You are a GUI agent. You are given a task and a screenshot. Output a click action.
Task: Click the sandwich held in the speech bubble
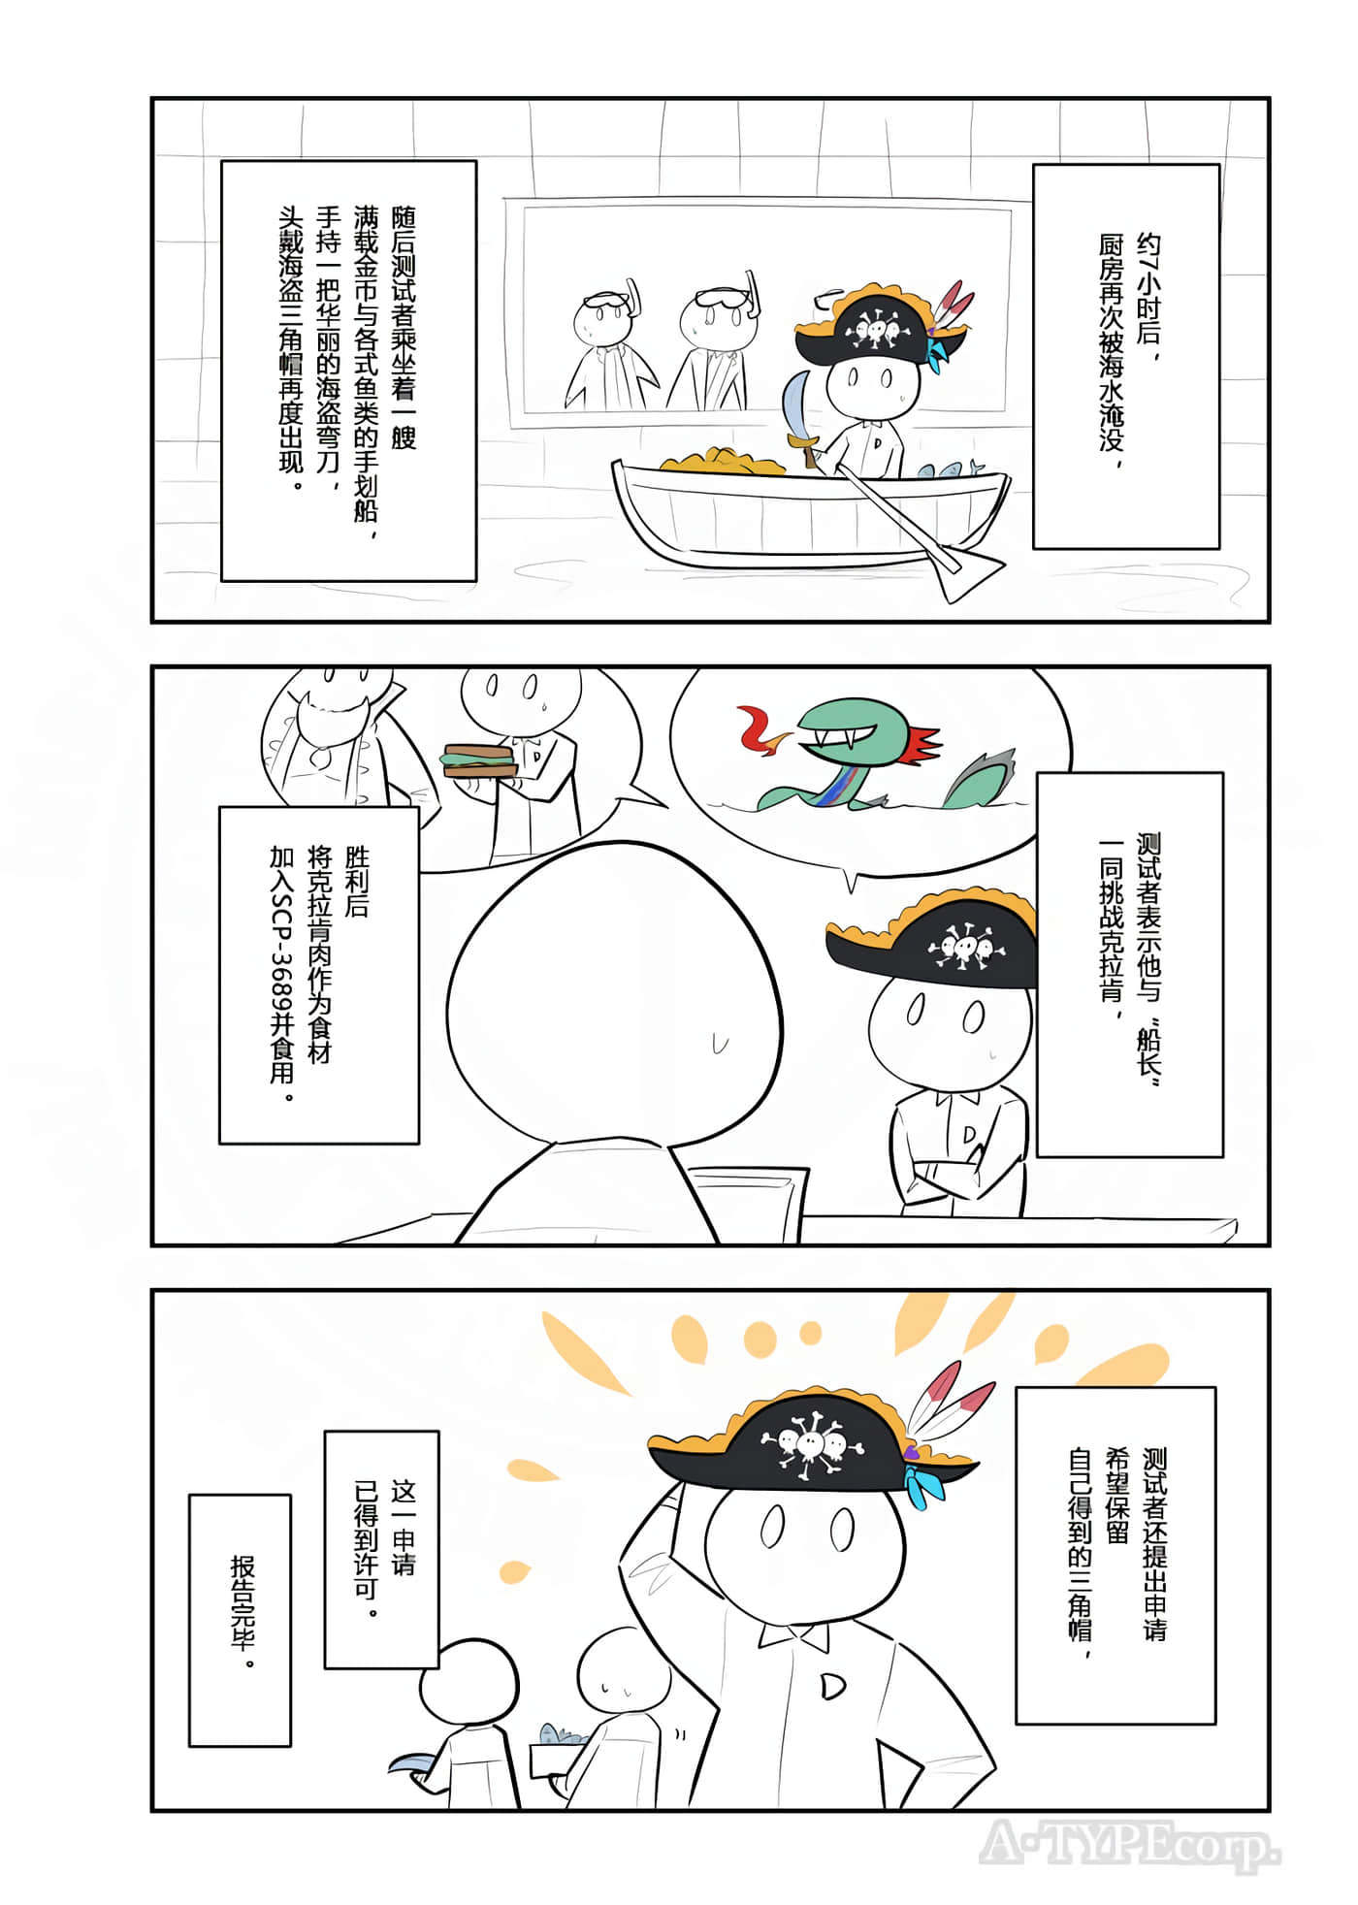pos(480,759)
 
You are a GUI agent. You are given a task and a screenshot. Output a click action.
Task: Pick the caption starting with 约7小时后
pos(1125,356)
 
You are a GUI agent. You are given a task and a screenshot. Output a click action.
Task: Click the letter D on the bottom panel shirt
pos(832,1686)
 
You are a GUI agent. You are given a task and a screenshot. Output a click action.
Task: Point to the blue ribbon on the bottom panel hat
pos(922,1485)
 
